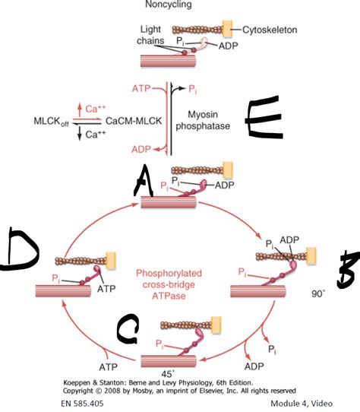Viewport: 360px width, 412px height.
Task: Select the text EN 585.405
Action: (77, 404)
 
